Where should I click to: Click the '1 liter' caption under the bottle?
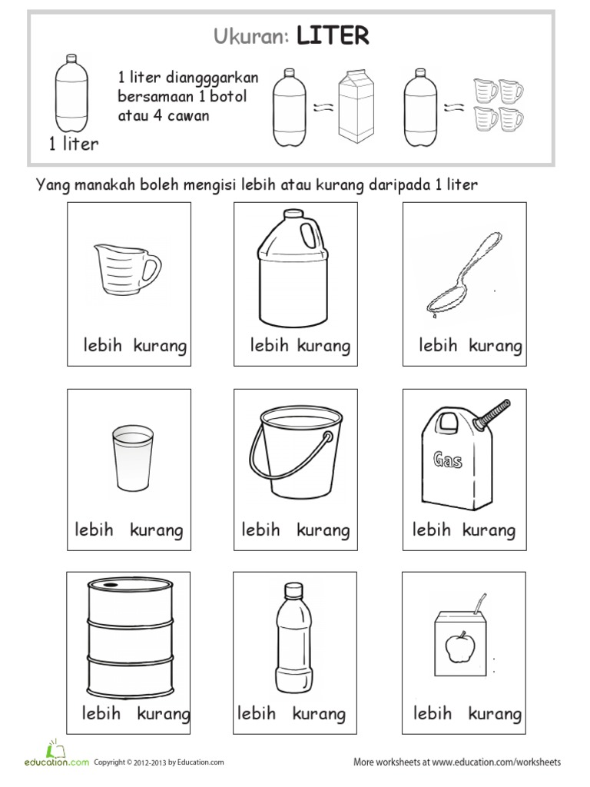74,144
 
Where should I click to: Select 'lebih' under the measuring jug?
103,346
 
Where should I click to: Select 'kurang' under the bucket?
323,530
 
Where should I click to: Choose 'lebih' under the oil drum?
101,713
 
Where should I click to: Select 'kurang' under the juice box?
495,713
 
